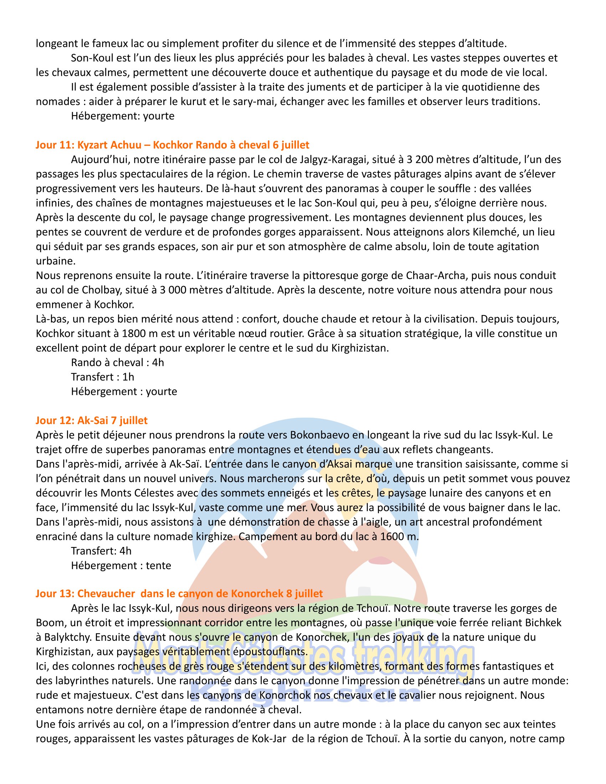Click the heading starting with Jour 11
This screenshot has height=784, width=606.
click(172, 145)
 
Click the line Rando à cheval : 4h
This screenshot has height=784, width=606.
click(117, 362)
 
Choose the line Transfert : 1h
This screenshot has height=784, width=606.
click(102, 377)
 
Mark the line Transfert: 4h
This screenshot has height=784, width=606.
click(101, 551)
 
